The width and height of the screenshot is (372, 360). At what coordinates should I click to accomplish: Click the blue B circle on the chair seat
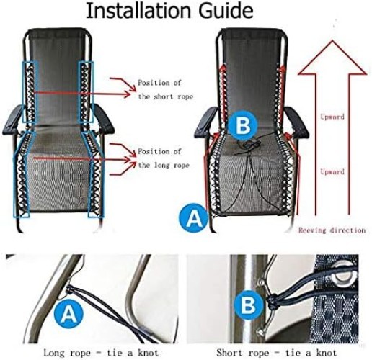pyautogui.click(x=242, y=125)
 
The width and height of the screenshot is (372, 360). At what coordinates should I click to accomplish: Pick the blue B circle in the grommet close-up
pyautogui.click(x=247, y=306)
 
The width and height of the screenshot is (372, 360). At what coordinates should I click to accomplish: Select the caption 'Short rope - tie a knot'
pyautogui.click(x=276, y=352)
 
